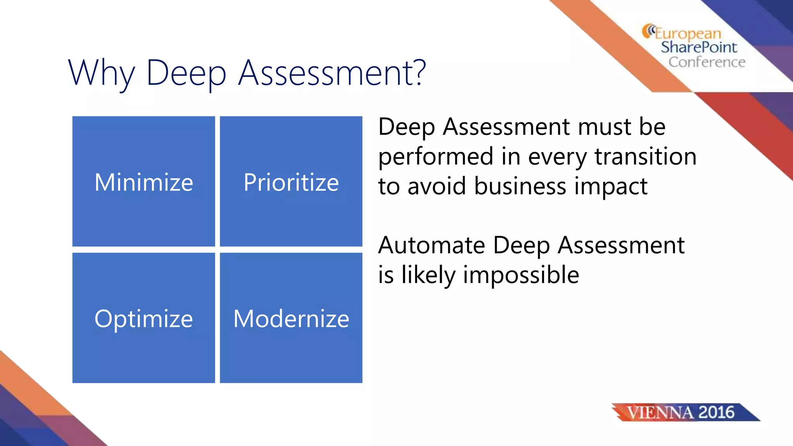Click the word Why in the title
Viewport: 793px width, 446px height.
(101, 74)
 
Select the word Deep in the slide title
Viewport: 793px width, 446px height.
(186, 74)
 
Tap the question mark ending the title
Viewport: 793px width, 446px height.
(419, 72)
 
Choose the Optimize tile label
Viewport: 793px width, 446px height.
(144, 319)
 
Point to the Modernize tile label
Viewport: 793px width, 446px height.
(291, 319)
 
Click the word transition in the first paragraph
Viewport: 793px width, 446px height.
(645, 156)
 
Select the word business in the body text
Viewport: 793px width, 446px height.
(520, 186)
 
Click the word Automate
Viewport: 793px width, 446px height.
(431, 245)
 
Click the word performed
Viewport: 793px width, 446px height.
(436, 157)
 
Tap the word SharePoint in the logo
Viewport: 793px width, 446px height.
(699, 47)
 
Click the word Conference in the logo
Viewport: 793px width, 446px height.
(707, 62)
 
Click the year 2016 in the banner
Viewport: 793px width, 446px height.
(716, 412)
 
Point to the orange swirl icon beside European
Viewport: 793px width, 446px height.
(648, 31)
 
